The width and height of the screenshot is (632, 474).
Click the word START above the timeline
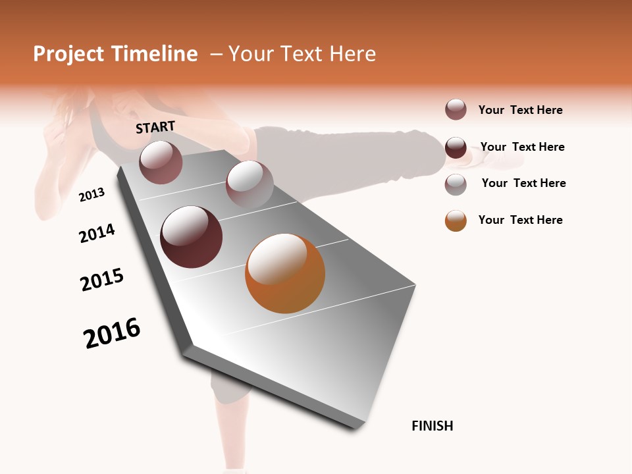tap(155, 127)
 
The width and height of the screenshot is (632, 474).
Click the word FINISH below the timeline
tap(432, 426)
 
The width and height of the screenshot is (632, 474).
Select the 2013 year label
tap(92, 195)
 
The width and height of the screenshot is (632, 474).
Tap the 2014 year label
tap(97, 234)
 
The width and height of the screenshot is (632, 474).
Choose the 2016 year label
tap(112, 333)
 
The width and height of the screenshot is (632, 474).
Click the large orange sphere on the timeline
tap(285, 273)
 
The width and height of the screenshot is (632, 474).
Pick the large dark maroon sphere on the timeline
tap(191, 237)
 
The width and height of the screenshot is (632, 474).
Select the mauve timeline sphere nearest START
tap(161, 162)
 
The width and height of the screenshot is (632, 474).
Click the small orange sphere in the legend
tap(456, 221)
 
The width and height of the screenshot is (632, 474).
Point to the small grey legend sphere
tap(456, 184)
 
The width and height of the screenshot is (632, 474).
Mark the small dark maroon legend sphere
tap(456, 147)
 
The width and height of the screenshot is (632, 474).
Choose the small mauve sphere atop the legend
tap(456, 110)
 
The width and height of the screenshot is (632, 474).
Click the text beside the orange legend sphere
tap(520, 220)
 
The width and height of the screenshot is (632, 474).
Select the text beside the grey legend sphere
tap(523, 183)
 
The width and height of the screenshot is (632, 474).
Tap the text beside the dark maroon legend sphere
tap(522, 147)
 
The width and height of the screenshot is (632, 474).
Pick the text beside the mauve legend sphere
tap(520, 110)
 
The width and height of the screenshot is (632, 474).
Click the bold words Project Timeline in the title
tap(115, 54)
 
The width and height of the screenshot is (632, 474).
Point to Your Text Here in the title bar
tap(302, 54)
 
